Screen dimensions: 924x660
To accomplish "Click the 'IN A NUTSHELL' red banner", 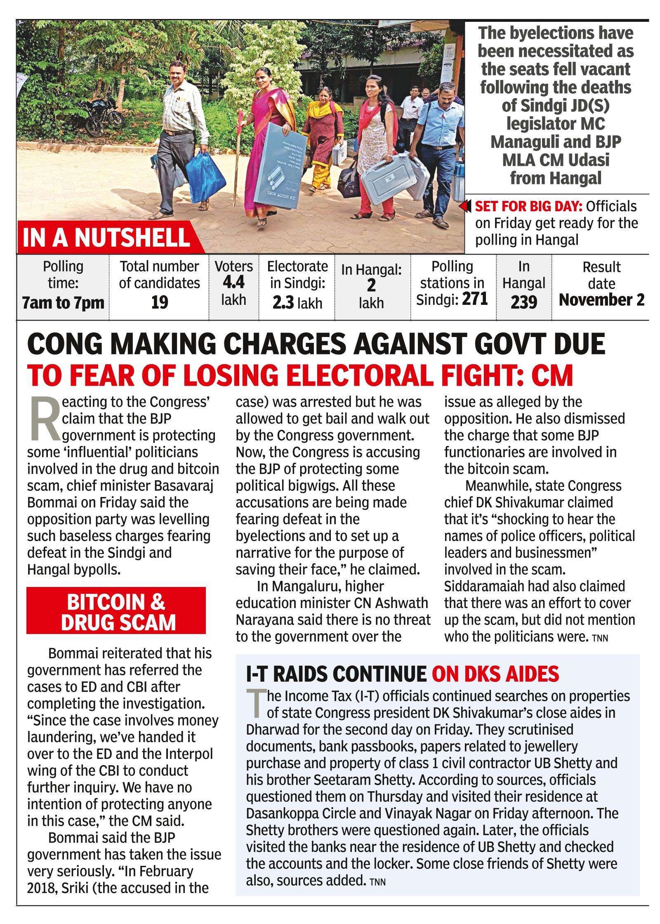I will [106, 237].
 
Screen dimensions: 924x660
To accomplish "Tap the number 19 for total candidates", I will [160, 302].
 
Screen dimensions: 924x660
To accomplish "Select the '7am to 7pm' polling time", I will [63, 303].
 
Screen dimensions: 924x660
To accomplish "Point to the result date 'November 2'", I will [601, 300].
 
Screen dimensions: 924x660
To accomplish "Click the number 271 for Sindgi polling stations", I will [475, 298].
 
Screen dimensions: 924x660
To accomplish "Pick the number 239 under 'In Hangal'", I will [523, 302].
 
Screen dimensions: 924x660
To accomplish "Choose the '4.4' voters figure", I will [233, 283].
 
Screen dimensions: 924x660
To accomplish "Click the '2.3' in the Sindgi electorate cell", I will [283, 303].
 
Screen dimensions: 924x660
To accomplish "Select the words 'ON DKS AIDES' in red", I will [495, 674].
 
